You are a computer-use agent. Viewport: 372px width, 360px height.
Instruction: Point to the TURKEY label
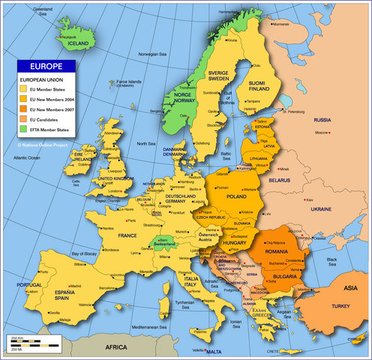(x=341, y=307)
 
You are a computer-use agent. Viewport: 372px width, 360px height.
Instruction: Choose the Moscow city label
(x=322, y=133)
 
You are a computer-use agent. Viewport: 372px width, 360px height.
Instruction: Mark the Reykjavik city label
(x=69, y=36)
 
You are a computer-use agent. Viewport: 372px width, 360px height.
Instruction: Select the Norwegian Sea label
(x=153, y=55)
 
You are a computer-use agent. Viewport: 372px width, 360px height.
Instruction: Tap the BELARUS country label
(x=280, y=181)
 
